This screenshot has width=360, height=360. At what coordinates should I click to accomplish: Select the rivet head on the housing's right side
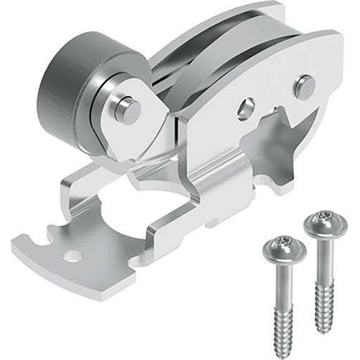[303, 86]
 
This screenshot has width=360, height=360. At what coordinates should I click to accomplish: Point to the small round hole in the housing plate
[247, 108]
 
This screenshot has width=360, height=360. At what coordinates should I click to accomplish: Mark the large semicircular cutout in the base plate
[123, 211]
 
